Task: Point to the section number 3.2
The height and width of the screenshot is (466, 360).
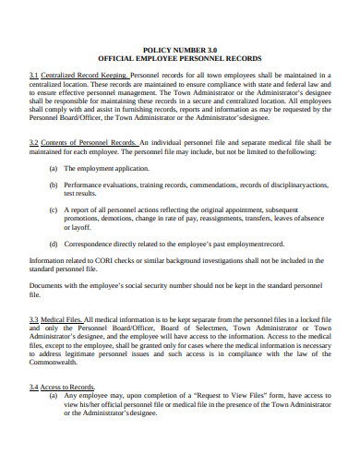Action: [x=33, y=142]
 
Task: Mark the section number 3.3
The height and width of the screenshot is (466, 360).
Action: [x=33, y=318]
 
